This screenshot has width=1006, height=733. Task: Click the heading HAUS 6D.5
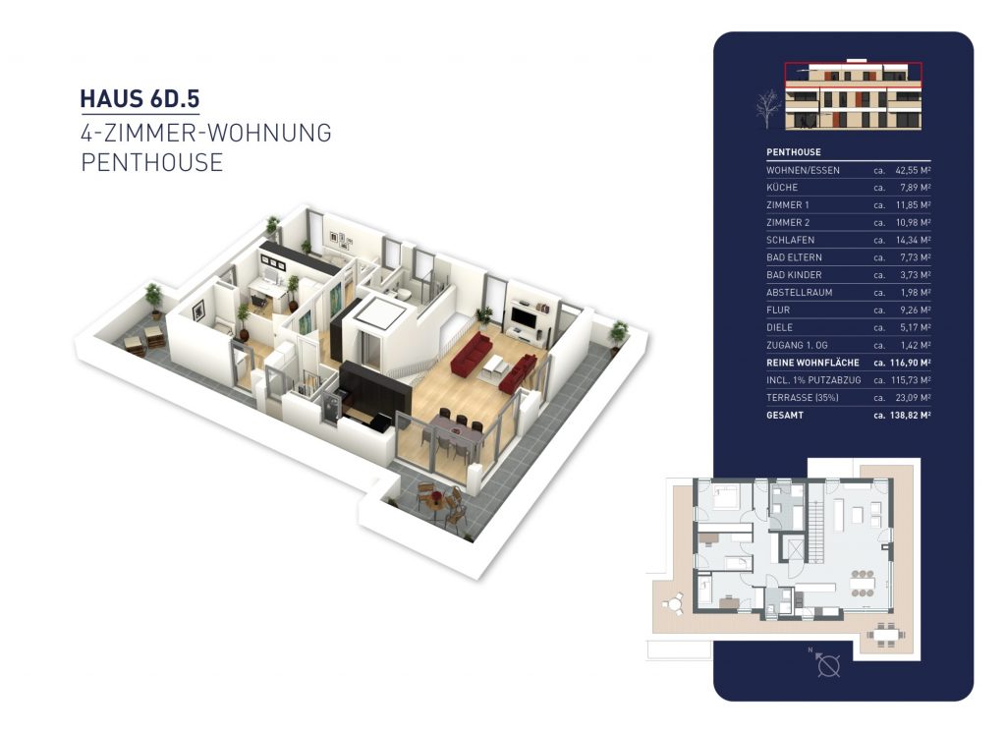point(142,99)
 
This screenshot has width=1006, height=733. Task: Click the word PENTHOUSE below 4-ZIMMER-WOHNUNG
point(151,163)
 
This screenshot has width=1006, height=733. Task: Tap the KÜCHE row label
point(782,188)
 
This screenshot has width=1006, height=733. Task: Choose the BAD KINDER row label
point(794,275)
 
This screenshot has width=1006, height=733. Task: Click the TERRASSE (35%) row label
point(802,398)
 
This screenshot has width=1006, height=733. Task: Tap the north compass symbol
point(829,665)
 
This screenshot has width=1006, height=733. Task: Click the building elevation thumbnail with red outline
point(853,95)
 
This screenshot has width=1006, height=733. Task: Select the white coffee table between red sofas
point(496,365)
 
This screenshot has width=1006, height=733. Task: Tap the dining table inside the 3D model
point(452,429)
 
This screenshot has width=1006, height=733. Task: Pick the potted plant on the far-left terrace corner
point(153,297)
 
